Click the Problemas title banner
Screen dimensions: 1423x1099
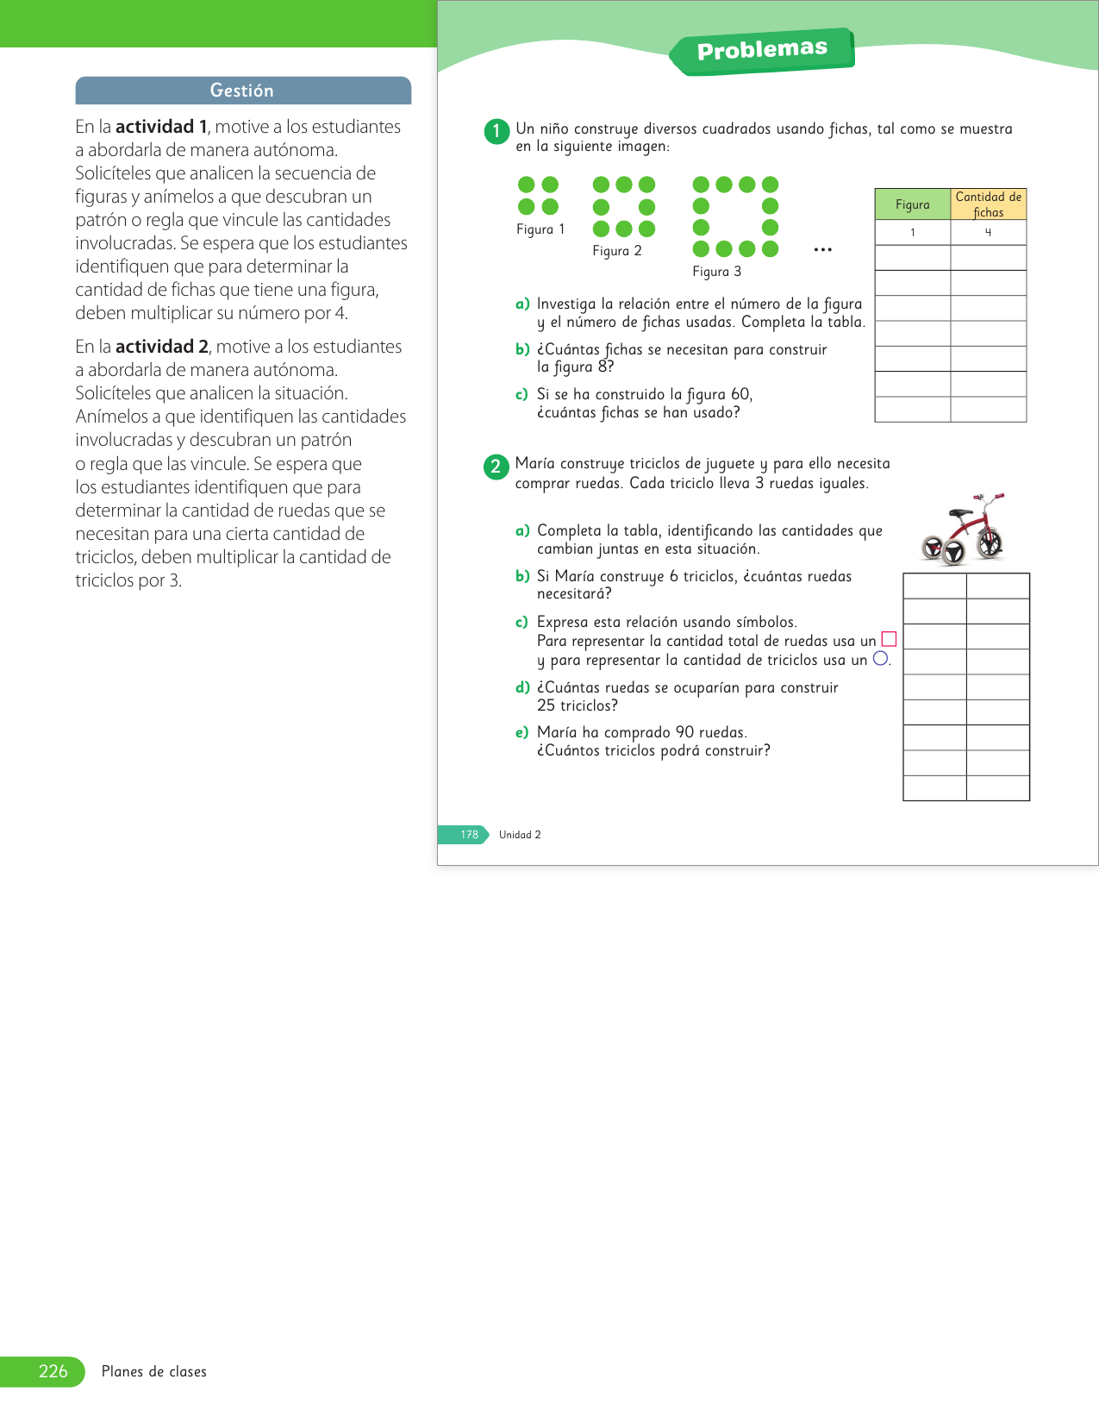762,51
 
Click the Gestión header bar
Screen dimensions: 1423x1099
243,91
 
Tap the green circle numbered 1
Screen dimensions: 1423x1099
496,132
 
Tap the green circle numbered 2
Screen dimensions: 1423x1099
496,467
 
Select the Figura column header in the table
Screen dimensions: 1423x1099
912,204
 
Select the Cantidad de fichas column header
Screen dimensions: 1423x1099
989,204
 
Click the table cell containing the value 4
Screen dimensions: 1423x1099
989,233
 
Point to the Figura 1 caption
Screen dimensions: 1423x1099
540,229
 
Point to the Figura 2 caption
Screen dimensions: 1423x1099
617,251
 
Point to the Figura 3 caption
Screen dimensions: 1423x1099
716,272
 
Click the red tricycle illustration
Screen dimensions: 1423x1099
964,530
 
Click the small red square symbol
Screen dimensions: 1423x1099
890,639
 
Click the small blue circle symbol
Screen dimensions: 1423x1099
880,658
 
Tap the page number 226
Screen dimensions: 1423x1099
53,1371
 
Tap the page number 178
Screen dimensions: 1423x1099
469,835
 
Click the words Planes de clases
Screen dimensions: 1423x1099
154,1371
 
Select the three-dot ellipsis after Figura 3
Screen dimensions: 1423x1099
823,250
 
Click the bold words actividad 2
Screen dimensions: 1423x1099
162,347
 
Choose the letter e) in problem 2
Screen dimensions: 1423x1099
521,733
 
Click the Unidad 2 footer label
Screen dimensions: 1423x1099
520,835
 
